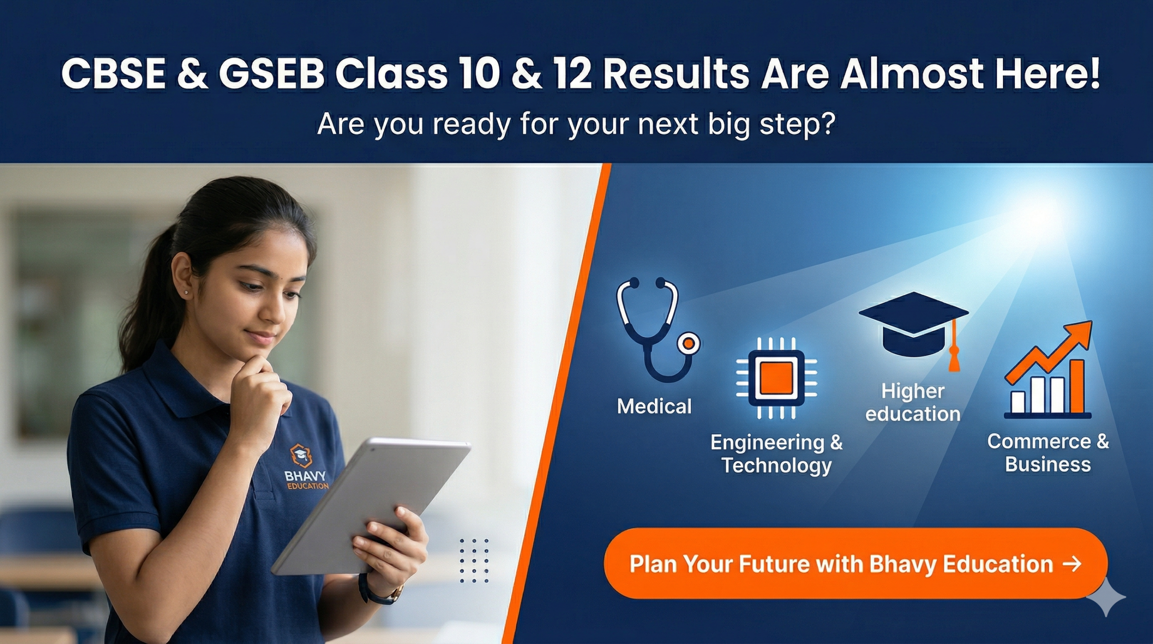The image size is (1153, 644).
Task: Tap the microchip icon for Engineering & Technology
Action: [776, 379]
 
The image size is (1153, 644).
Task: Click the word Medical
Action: [654, 406]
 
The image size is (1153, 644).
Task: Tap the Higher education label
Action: [913, 402]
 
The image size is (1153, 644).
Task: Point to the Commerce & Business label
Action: [1048, 452]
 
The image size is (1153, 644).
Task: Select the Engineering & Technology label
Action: [776, 453]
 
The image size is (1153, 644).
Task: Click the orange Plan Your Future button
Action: [855, 564]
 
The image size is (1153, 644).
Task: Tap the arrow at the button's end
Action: [1071, 564]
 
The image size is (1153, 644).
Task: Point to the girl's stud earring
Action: [186, 293]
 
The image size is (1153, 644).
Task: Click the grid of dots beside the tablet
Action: [474, 561]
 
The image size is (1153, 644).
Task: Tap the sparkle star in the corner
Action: [1106, 596]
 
